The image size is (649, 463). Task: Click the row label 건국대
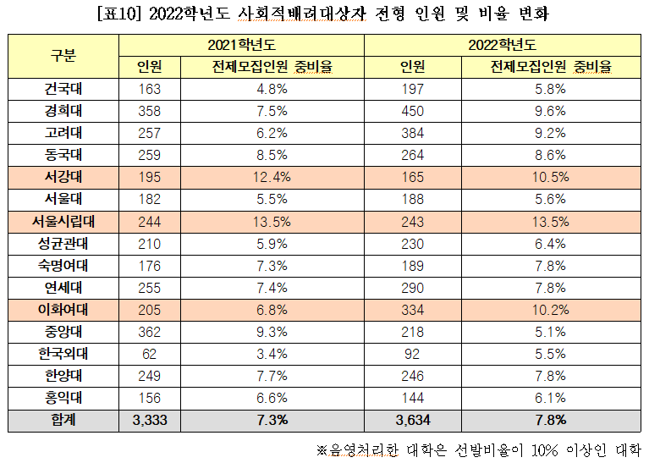click(63, 89)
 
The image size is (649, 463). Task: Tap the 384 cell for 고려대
click(412, 133)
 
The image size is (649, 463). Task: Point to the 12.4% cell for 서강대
click(272, 177)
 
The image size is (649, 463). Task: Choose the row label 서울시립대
click(63, 221)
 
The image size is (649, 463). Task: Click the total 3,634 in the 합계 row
click(412, 419)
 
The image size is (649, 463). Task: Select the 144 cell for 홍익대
click(412, 397)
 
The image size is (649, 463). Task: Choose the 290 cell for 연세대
click(412, 287)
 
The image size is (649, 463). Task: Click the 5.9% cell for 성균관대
click(272, 243)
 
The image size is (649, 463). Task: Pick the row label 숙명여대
click(63, 265)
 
